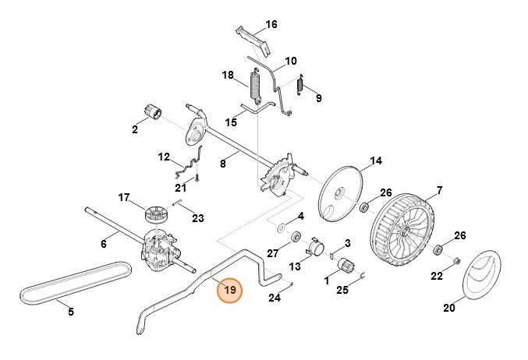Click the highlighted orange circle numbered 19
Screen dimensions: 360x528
[230, 292]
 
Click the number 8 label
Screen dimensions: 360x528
[223, 164]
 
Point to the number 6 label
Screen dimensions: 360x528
[103, 243]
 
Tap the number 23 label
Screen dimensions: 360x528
[197, 217]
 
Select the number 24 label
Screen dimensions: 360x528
[274, 298]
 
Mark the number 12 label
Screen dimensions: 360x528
[164, 157]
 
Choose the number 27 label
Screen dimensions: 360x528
[272, 252]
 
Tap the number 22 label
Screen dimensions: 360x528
[438, 276]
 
